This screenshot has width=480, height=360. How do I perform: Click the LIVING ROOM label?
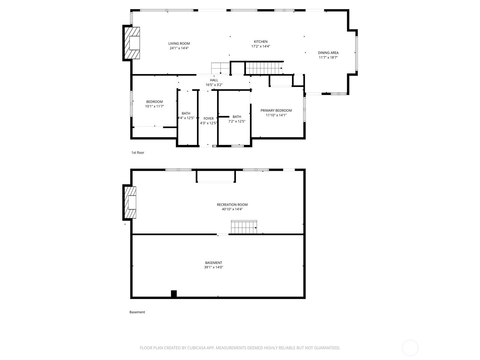tap(179, 43)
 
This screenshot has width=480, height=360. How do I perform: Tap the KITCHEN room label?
tap(260, 41)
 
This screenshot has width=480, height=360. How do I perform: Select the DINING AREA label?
tap(328, 53)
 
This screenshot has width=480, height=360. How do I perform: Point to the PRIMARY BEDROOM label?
tap(276, 110)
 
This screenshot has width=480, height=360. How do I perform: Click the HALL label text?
tap(214, 80)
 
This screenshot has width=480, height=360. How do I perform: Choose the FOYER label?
tap(208, 118)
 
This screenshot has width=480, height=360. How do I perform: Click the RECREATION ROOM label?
tap(232, 205)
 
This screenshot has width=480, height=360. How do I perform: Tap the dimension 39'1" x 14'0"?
tap(213, 267)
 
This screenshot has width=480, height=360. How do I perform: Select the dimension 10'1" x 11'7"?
tap(154, 106)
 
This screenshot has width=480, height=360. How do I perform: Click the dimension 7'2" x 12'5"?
tap(237, 121)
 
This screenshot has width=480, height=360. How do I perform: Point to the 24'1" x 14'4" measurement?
tap(179, 48)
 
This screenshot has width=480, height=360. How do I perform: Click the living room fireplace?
tap(131, 43)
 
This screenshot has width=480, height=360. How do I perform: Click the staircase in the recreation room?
tap(244, 227)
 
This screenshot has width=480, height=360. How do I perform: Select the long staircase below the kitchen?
tap(264, 68)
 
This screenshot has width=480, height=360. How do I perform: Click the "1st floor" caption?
tap(137, 153)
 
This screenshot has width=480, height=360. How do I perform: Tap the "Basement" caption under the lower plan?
tap(137, 312)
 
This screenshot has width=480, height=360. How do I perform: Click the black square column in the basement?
tap(174, 294)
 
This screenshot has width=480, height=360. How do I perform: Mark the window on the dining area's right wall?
tap(356, 53)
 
